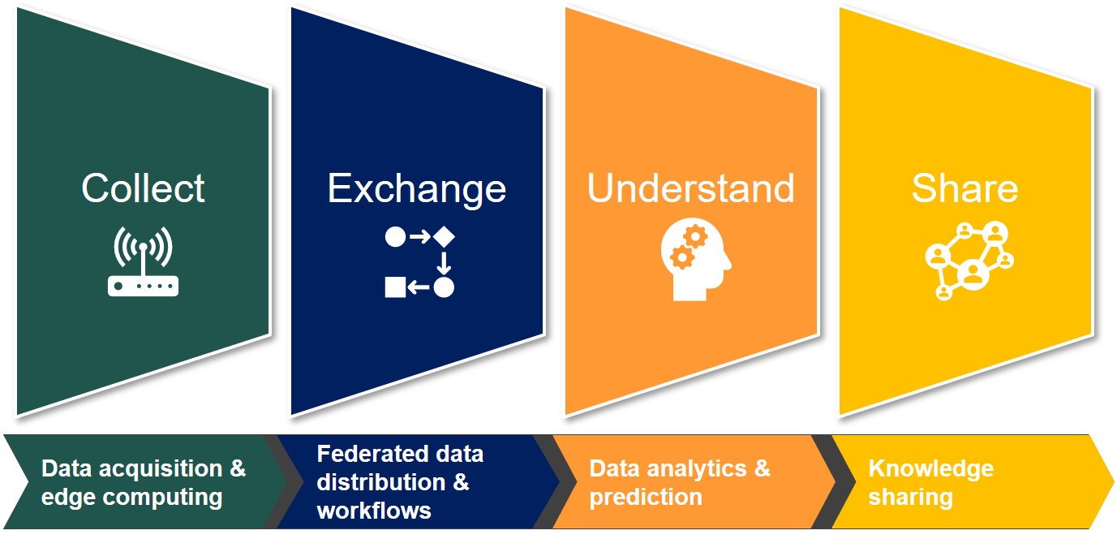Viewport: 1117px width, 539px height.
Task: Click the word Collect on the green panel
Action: (x=143, y=188)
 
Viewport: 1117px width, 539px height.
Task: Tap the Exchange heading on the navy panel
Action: (x=417, y=190)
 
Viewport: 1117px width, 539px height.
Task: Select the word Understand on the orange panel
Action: (x=690, y=188)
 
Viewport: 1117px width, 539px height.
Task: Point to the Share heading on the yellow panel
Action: (x=965, y=188)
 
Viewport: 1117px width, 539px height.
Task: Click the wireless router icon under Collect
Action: (x=143, y=261)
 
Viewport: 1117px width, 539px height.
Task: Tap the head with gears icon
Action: (x=696, y=259)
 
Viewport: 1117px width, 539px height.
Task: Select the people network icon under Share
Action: (x=969, y=261)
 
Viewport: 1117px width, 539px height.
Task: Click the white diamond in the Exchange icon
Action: (x=444, y=236)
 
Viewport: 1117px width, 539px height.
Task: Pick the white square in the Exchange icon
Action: (x=395, y=287)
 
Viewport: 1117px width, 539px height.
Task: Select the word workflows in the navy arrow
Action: (x=374, y=511)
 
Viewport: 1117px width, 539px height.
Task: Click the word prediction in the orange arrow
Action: (x=646, y=498)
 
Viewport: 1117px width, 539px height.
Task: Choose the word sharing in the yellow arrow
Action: (x=911, y=498)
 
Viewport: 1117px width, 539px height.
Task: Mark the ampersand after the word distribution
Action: (x=461, y=482)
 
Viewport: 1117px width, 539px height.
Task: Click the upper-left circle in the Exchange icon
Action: (x=395, y=236)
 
